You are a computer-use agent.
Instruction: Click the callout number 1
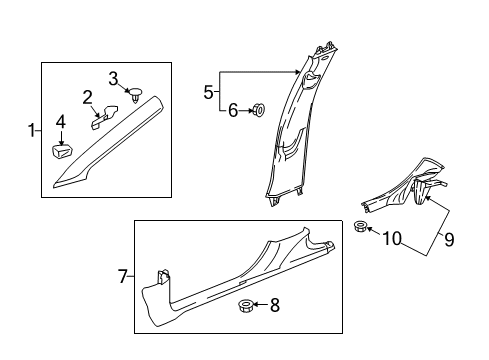[x=30, y=129]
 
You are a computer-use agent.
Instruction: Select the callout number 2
[x=88, y=97]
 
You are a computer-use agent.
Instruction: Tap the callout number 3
[x=114, y=78]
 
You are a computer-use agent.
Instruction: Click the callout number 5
[x=208, y=92]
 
